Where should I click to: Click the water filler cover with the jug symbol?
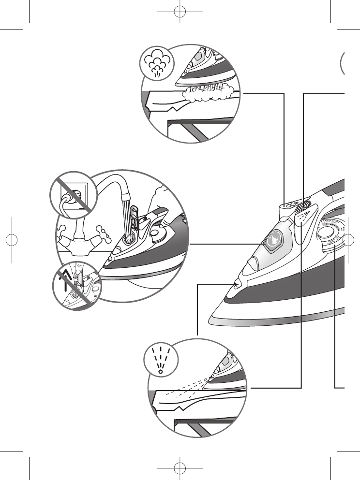point(273,240)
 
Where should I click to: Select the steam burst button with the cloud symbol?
point(290,205)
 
